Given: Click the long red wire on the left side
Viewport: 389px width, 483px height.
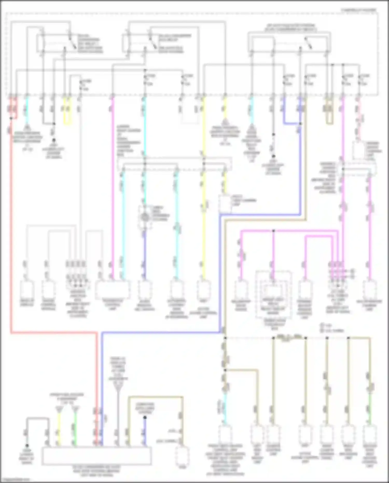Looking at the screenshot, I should [11, 234].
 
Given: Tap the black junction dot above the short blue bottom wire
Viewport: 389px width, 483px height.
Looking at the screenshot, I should [145, 417].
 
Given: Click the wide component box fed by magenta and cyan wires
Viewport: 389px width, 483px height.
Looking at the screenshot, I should [113, 289].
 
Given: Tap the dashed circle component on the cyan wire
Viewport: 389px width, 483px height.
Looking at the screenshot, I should [145, 217].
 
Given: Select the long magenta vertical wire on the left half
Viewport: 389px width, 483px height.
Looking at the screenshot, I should [113, 182].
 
